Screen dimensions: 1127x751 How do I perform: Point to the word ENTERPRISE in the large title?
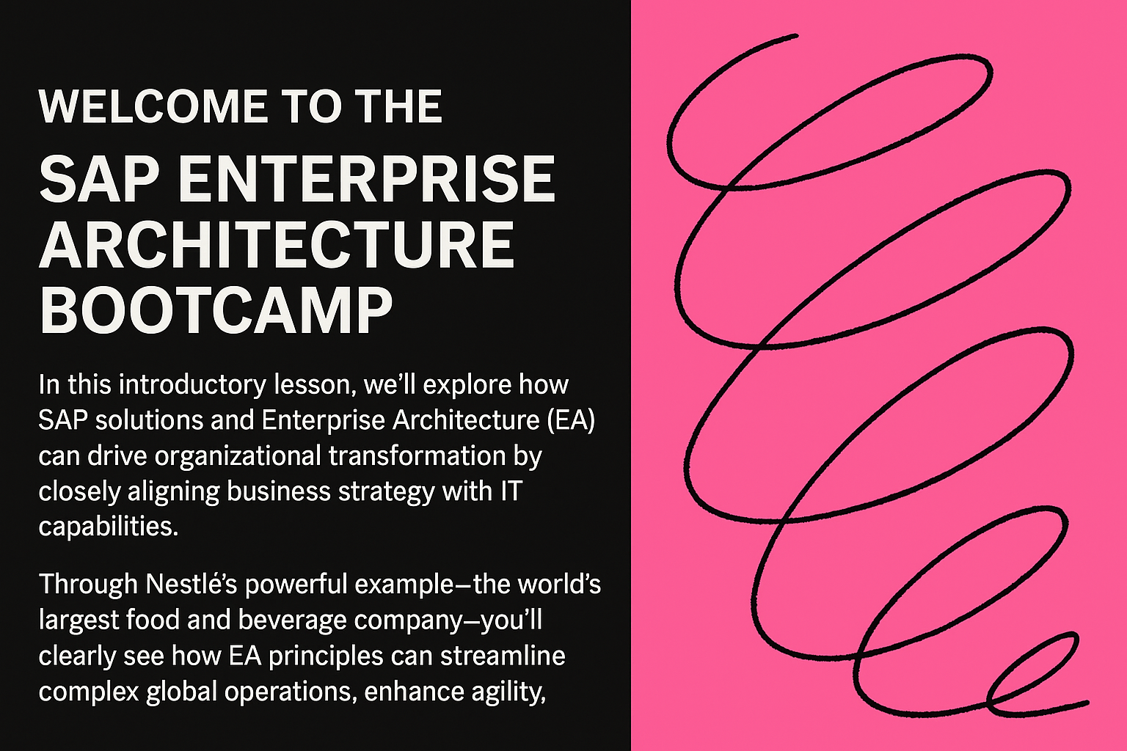366,178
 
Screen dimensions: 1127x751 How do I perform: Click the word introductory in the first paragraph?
192,385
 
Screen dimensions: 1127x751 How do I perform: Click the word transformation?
417,456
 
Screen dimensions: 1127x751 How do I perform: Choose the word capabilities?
108,527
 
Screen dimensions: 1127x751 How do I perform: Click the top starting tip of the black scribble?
796,36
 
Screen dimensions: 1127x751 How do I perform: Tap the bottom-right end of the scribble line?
1087,702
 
